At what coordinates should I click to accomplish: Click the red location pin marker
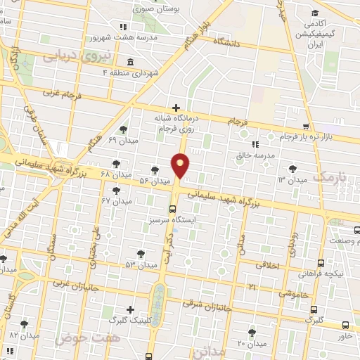pyautogui.click(x=181, y=167)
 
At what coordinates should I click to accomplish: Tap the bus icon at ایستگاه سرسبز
pyautogui.click(x=172, y=209)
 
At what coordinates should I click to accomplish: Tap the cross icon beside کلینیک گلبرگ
pyautogui.click(x=130, y=309)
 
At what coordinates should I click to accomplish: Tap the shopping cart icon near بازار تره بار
pyautogui.click(x=305, y=127)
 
